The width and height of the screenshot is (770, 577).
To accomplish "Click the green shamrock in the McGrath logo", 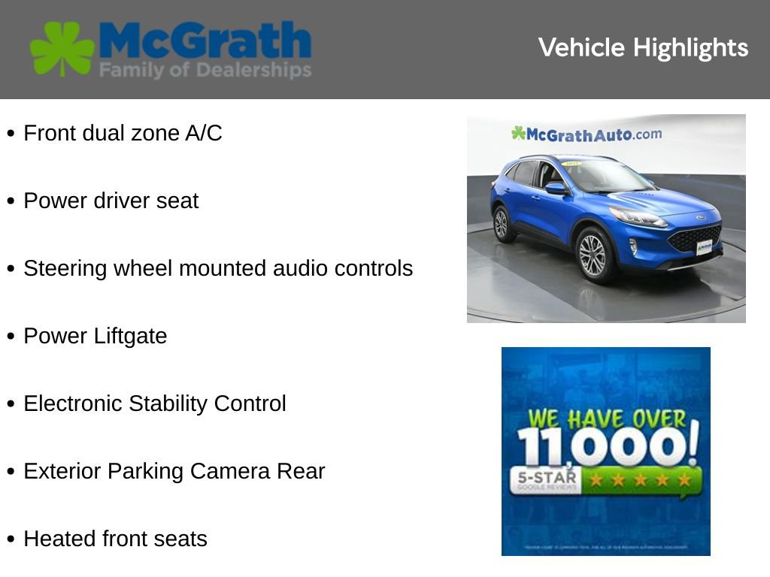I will (x=62, y=49).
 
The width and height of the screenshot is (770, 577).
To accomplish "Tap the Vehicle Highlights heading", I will (x=643, y=48).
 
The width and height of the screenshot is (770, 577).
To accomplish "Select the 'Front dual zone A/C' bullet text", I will (x=123, y=134).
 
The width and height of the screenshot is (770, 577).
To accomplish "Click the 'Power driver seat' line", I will (x=111, y=201).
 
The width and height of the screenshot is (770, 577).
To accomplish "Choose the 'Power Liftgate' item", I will (x=95, y=337).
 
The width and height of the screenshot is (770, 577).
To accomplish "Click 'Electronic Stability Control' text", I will (x=154, y=404).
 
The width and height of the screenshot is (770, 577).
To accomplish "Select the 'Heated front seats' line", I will (x=115, y=539).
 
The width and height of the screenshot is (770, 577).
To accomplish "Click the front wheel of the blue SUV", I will (x=593, y=255).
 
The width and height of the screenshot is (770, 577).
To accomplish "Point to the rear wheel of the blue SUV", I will (x=502, y=223).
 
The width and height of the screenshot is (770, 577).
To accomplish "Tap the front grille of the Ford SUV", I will (x=694, y=238).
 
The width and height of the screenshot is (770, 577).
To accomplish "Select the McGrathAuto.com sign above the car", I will (x=587, y=134).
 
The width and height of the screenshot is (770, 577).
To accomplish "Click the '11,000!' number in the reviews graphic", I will (x=607, y=448).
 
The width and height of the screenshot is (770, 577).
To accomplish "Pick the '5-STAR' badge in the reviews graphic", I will (x=545, y=479).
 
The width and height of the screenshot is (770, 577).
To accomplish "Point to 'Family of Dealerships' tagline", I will (x=205, y=71).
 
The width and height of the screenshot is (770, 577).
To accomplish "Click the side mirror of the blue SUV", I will (x=557, y=188).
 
